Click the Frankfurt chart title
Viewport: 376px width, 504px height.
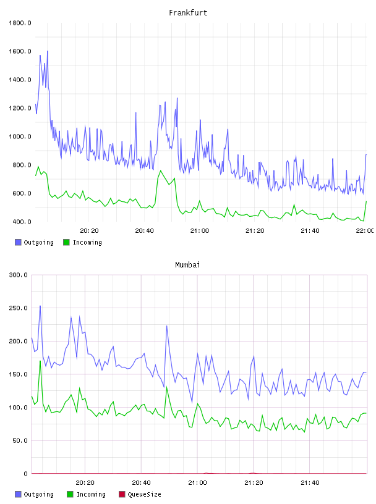tap(188, 13)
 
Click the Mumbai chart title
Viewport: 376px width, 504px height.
tap(187, 265)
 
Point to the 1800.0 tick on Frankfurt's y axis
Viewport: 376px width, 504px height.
tap(20, 23)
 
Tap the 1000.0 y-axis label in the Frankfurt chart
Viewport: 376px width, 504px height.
tap(20, 136)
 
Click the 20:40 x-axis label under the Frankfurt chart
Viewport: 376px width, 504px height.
tap(144, 231)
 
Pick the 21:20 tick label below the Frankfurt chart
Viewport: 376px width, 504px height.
tap(255, 231)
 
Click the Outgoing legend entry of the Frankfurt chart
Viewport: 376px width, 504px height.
tap(34, 242)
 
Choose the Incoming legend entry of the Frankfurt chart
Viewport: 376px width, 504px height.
tap(82, 242)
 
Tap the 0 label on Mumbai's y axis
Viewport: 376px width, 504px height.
tap(25, 474)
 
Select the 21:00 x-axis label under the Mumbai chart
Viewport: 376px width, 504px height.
tap(197, 483)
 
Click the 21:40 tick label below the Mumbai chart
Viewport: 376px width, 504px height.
tap(310, 483)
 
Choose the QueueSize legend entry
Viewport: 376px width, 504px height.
tap(140, 494)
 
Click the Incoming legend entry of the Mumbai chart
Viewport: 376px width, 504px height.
tap(86, 494)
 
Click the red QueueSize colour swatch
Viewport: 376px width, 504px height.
tap(122, 494)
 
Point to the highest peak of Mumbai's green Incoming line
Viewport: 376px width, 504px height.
tap(40, 361)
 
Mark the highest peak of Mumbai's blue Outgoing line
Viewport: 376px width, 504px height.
tap(40, 306)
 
